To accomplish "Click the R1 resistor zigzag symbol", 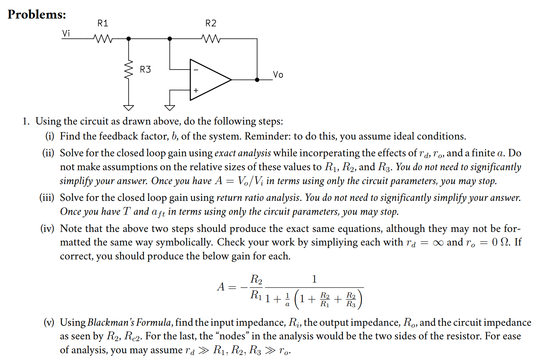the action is point(103,39).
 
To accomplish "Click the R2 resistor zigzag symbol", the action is point(211,39).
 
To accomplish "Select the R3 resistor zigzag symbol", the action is point(129,69).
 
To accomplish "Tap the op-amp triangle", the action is point(209,80).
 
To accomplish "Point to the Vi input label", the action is point(66,33).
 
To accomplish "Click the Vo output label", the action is point(278,75).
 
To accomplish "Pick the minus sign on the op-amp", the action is point(196,70).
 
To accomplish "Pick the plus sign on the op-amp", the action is point(196,90).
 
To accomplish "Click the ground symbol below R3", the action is point(129,107).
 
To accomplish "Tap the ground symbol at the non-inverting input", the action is point(170,107).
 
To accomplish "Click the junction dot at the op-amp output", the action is point(257,80).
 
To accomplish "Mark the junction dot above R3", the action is point(129,39).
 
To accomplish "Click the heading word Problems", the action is point(37,14).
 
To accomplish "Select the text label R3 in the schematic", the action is point(145,69).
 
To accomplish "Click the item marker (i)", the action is point(50,136).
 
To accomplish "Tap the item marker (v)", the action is point(49,323).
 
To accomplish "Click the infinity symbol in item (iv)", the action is point(438,243).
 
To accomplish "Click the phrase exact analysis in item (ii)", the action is point(242,153).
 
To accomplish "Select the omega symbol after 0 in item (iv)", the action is point(505,242).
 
